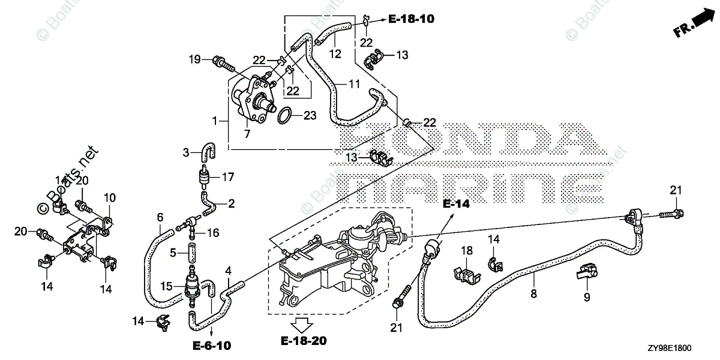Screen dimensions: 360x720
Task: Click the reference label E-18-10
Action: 411,19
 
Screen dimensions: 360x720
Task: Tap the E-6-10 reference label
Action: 212,346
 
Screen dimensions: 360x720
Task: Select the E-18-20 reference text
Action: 304,341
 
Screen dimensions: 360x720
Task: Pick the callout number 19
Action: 194,59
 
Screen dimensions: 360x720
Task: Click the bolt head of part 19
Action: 217,60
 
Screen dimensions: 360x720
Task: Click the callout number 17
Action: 229,177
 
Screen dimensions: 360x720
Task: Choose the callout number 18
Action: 467,249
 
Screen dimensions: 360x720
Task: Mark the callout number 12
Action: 335,54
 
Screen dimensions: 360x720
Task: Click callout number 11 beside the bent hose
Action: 354,85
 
